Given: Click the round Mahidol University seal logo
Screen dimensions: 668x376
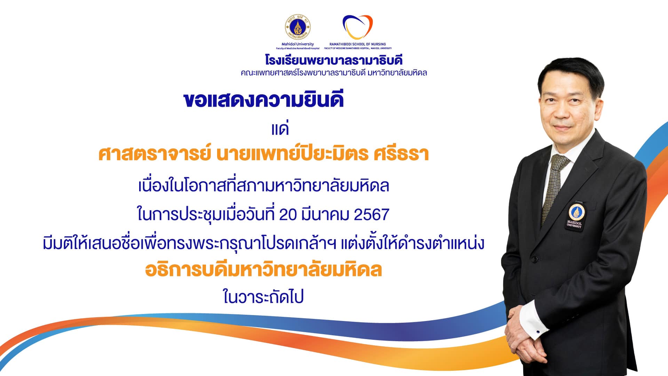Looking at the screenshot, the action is coord(297,28).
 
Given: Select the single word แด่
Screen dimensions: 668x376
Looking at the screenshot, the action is coord(280,128).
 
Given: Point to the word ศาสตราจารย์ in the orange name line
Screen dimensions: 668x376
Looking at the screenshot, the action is coord(155,154).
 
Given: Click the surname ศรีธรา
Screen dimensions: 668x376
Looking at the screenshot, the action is coord(401,154).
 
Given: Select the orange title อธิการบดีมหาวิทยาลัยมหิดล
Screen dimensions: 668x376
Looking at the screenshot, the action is coord(264,270).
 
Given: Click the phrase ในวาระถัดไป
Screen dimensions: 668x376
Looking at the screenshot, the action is coord(264,297).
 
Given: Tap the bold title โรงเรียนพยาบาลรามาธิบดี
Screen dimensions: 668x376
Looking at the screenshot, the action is coord(334,61).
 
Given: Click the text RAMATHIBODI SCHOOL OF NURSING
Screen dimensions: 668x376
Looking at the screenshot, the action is coord(358,44).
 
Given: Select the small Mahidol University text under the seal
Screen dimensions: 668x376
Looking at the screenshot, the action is coord(297,44).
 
